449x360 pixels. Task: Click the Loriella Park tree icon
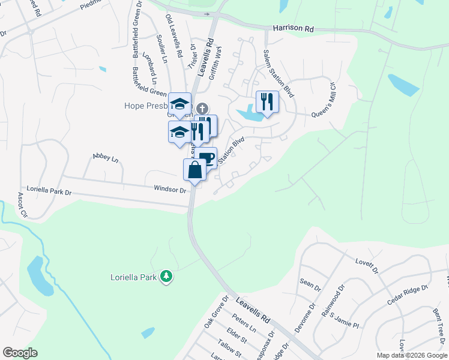click(x=166, y=277)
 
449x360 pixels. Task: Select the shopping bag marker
click(x=195, y=170)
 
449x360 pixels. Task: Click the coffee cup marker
click(x=206, y=158)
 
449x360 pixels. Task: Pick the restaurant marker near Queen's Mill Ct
click(x=267, y=101)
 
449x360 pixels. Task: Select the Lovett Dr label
click(x=367, y=266)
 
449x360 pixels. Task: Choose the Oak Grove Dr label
click(x=216, y=311)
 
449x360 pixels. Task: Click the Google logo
click(x=20, y=353)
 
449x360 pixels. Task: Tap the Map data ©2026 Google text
click(x=411, y=355)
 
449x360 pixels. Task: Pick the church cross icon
click(x=203, y=109)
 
